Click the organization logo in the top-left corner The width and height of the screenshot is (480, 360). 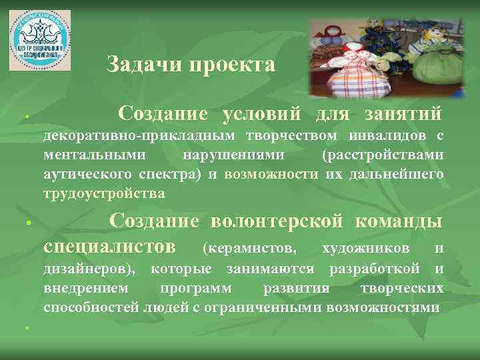click(x=39, y=39)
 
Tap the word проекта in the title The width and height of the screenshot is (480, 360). click(x=232, y=65)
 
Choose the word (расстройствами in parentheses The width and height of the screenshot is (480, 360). click(x=382, y=155)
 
